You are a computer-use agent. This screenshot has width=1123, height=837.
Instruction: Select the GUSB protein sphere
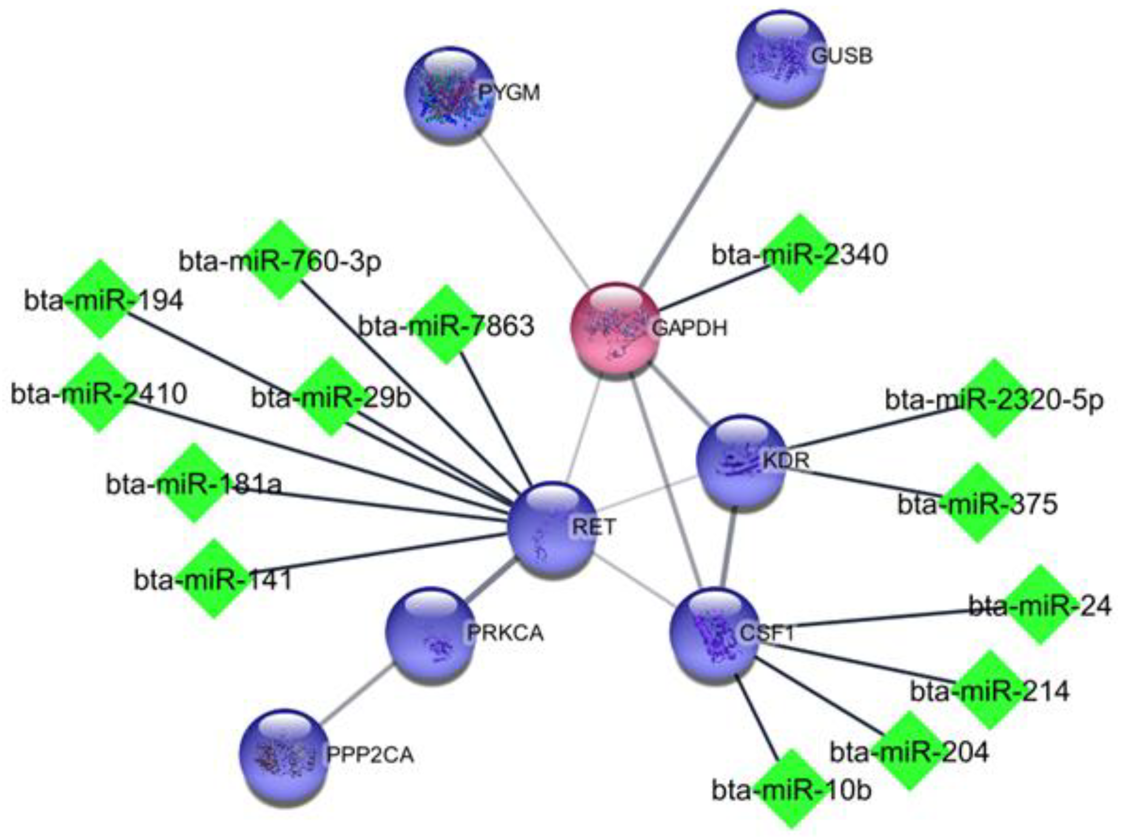point(780,56)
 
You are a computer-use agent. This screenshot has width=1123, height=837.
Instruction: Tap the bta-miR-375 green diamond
point(977,503)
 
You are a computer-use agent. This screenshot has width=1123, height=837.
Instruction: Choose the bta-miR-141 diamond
point(214,579)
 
